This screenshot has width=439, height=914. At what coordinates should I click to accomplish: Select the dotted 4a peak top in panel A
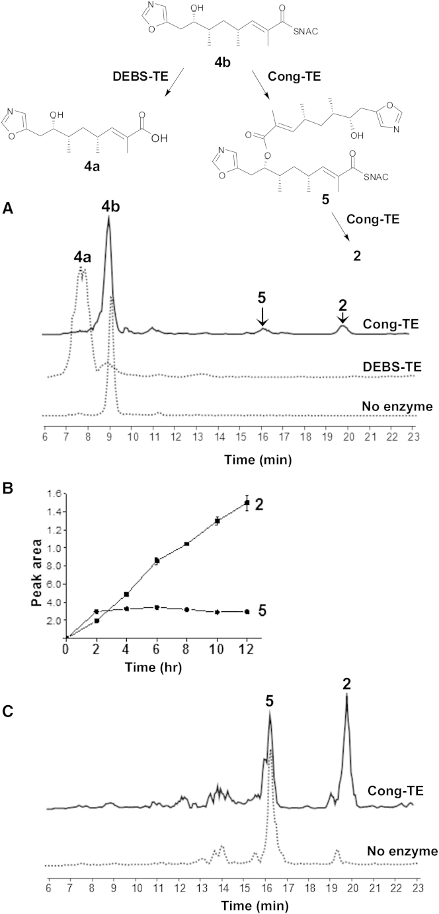point(81,269)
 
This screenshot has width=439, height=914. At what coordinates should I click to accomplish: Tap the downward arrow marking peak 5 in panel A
point(262,320)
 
